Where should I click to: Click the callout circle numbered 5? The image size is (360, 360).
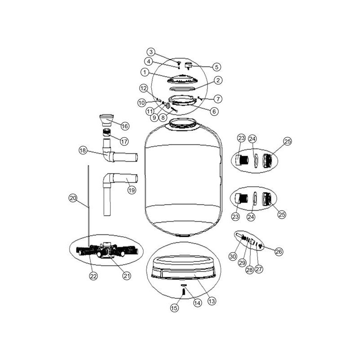tap(216, 67)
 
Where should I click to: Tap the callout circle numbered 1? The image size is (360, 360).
tap(144, 72)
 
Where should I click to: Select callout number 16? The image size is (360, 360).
tap(125, 126)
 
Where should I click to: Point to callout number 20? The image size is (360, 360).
tap(73, 198)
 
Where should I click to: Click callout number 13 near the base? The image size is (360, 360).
tap(211, 301)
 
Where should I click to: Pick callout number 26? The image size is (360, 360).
tap(279, 252)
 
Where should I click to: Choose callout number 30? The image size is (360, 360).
tap(233, 256)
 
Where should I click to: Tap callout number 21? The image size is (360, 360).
tap(127, 276)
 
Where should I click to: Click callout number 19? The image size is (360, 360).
tap(132, 190)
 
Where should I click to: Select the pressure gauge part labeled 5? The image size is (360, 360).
tap(188, 66)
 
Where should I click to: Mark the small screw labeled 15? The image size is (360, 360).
tap(184, 292)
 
